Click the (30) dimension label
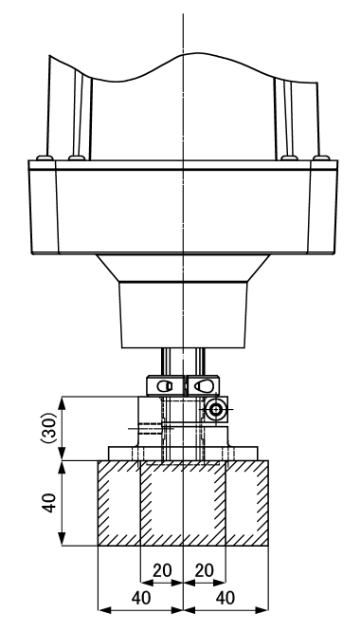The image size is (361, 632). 49,428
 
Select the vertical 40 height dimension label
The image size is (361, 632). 49,503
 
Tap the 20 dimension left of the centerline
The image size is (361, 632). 162,570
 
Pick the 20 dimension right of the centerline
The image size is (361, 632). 204,570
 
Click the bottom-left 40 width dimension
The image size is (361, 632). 141,598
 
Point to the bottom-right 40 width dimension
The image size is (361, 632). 226,598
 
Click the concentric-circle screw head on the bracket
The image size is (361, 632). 216,410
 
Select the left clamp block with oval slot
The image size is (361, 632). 164,385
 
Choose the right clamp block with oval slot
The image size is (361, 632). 204,385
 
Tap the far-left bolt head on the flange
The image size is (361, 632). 45,158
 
